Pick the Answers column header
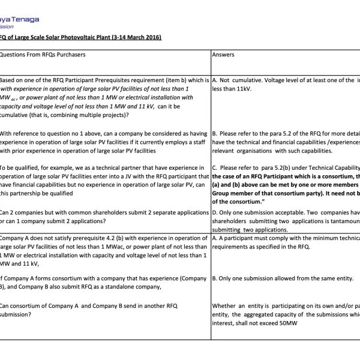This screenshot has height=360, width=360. point(223,55)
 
